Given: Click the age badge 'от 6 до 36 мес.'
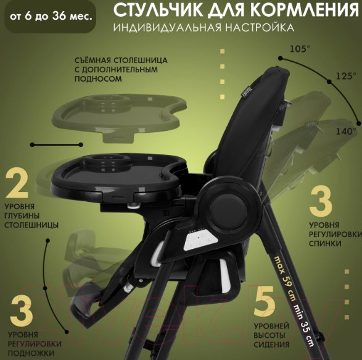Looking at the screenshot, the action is (x=51, y=17).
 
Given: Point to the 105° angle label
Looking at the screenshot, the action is (x=300, y=49).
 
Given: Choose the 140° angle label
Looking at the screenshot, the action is (x=346, y=132).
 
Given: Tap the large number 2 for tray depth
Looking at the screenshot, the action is (x=17, y=183).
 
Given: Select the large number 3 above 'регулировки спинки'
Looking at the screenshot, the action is (x=321, y=202).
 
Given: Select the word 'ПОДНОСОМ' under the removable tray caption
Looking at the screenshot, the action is (x=98, y=78).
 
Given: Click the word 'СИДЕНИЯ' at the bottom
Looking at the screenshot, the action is (x=271, y=345).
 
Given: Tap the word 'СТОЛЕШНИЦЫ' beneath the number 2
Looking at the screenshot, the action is (x=31, y=225).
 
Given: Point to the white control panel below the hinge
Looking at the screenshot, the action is (x=200, y=241).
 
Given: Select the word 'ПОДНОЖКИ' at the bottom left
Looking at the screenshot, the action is (x=31, y=353).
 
